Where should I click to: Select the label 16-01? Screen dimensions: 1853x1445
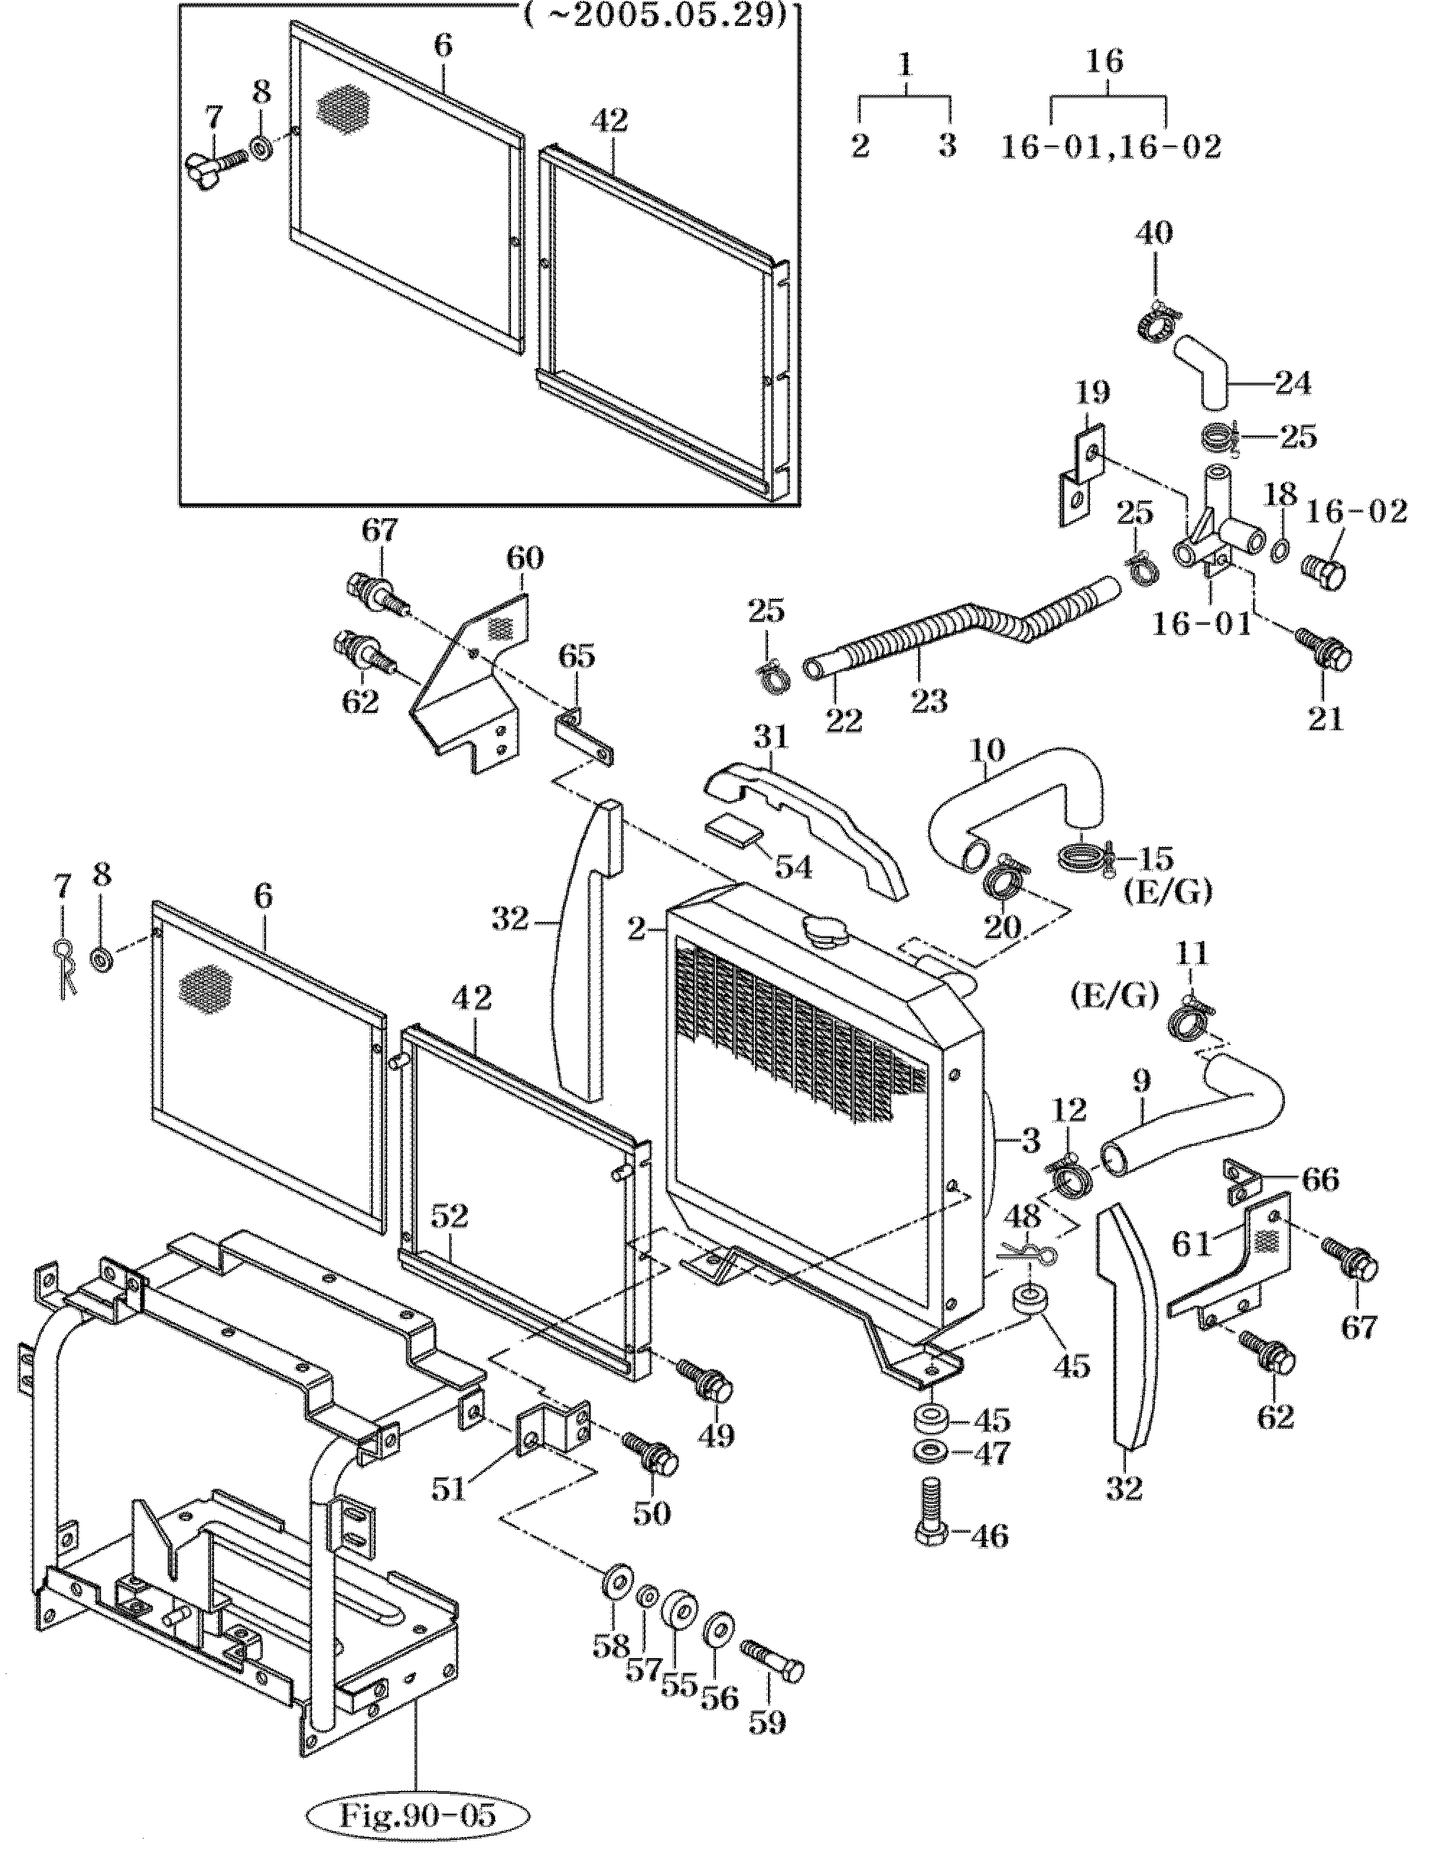(x=1200, y=626)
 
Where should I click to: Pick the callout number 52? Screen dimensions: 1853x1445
(x=449, y=1216)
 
